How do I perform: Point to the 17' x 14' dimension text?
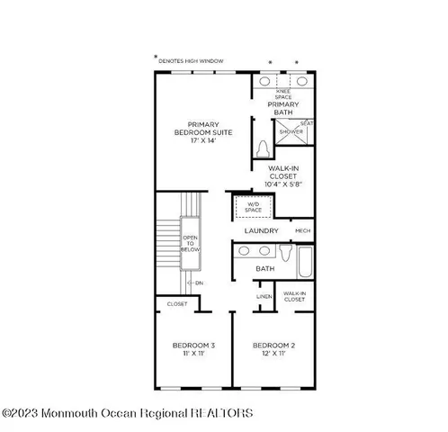coord(199,142)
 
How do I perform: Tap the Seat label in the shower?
coord(308,123)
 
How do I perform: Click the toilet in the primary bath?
coord(263,148)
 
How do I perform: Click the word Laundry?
coord(262,231)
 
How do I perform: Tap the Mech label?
coord(302,231)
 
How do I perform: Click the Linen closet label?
coord(264,296)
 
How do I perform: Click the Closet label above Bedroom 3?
coord(177,304)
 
